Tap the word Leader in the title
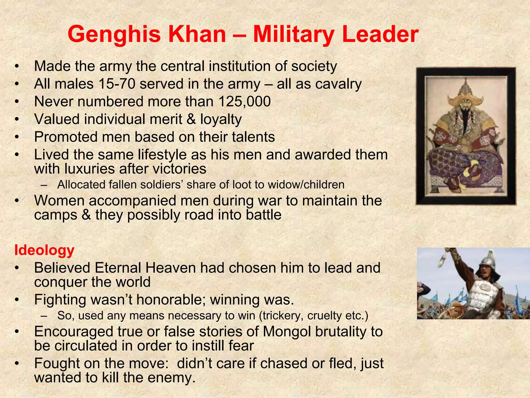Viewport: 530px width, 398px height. coord(380,34)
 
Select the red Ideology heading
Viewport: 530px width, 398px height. coord(44,250)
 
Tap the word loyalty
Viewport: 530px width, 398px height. coord(221,119)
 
